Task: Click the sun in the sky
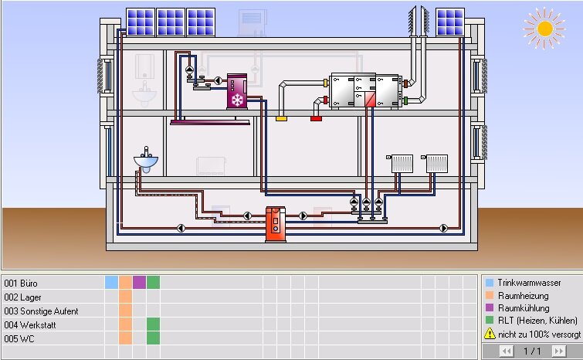pos(544,29)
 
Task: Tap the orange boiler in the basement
pos(276,224)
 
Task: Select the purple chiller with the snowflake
pos(237,91)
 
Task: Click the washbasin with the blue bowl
pos(146,160)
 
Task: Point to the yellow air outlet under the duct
pos(281,119)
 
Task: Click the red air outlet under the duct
pos(316,119)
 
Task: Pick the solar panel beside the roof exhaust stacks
pos(450,22)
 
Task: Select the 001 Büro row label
pos(21,283)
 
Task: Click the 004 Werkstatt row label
pos(30,324)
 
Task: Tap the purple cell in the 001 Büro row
pos(139,282)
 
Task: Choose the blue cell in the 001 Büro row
pos(111,282)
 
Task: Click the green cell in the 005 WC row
pos(153,338)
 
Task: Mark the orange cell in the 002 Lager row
pos(125,297)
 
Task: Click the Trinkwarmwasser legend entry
pos(524,283)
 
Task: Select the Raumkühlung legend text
pos(524,308)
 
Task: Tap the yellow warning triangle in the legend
pos(490,334)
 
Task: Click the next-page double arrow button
pos(559,351)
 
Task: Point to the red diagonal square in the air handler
pos(370,100)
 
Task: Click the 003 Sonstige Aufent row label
pos(41,311)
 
